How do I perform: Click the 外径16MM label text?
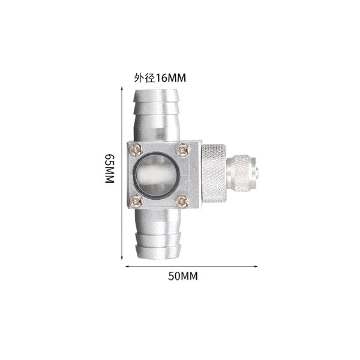tap(160, 78)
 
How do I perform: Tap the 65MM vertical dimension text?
tap(110, 168)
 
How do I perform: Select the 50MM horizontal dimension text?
tap(183, 276)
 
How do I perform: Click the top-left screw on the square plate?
tap(136, 149)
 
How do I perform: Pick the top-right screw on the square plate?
tap(182, 151)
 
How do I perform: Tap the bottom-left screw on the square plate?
tap(136, 202)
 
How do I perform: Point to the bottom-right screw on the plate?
tap(182, 202)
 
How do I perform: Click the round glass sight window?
tap(157, 176)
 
